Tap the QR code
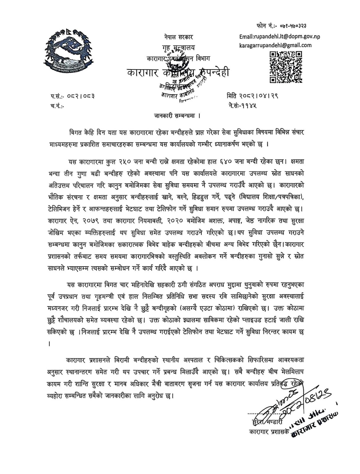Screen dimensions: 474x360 click(x=286, y=67)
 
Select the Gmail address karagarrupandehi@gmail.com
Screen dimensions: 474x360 click(x=275, y=45)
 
